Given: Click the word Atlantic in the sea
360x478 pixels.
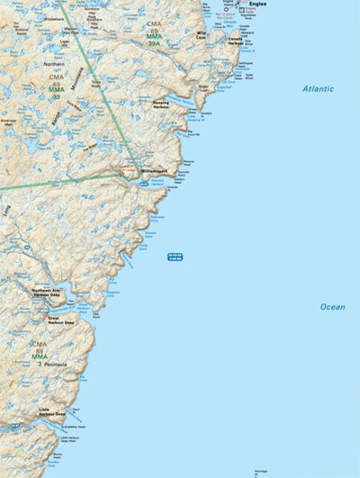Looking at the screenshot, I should coord(318,89).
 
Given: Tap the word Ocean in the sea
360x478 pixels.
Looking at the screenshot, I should coord(332,307).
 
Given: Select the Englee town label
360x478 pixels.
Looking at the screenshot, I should coord(257,5).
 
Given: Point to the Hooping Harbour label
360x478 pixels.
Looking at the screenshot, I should coord(168,105).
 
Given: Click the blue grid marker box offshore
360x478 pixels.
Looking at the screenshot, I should coord(175,257).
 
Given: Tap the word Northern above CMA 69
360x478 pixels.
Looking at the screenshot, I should coord(55,64).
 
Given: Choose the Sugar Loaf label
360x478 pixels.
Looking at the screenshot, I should coord(202,87).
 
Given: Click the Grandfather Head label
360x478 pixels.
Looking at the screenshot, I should coord(74,426).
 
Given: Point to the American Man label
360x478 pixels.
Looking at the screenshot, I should coord(10,122).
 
